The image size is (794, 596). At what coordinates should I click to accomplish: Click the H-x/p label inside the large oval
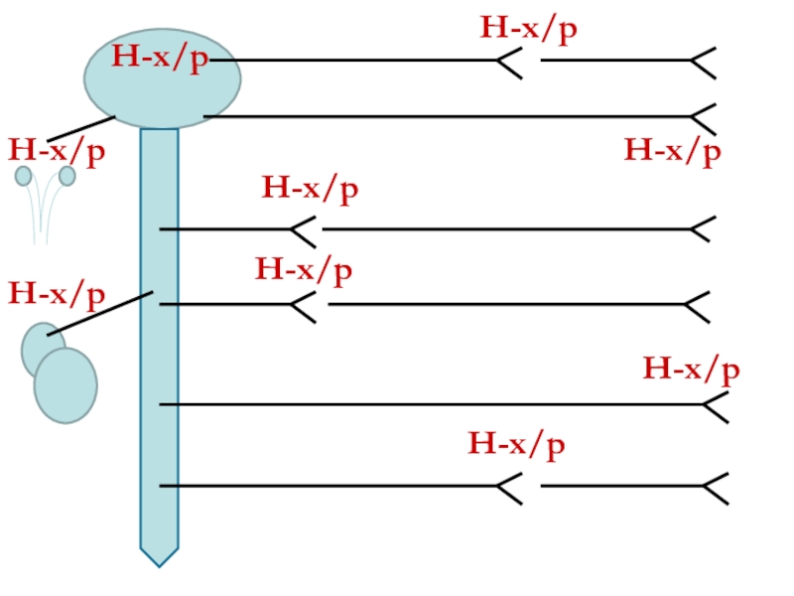coord(160,58)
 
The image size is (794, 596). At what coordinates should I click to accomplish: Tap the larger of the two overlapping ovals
coord(66,384)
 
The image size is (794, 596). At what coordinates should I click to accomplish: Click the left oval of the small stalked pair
coord(23,176)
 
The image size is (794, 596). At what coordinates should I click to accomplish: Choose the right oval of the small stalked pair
coord(67,176)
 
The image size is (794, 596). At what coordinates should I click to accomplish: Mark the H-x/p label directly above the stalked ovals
coord(57,151)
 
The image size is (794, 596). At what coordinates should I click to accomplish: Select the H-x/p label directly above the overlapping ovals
coord(57,294)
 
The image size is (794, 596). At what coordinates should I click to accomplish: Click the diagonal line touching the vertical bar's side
coord(99,314)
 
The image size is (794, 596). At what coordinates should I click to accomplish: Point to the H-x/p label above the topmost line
coord(529,28)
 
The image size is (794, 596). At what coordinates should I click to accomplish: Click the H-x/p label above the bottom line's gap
coord(516,443)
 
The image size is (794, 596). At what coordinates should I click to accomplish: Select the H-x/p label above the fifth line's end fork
coord(691,369)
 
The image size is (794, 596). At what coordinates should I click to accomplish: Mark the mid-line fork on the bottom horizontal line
coord(509,487)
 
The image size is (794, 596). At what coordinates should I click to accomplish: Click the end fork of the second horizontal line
coord(704,118)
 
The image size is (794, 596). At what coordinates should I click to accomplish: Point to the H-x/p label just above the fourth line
coord(304,269)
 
